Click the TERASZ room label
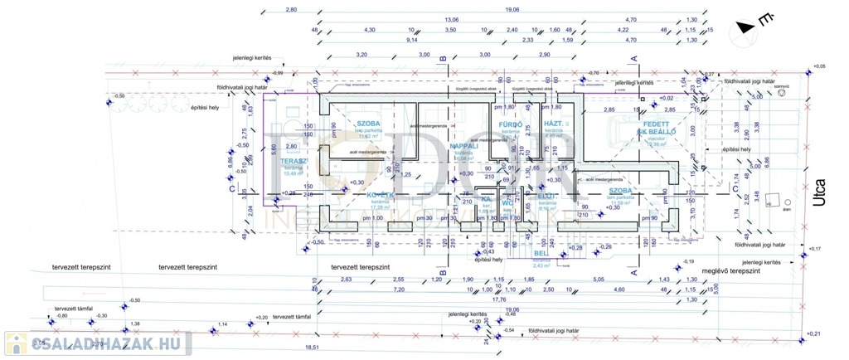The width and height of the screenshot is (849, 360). point(294,161)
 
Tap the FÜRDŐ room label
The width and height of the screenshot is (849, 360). point(508,124)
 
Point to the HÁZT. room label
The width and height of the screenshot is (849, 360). point(554,124)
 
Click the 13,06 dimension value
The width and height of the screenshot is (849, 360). point(451,19)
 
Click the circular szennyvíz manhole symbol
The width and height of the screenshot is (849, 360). point(780,93)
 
